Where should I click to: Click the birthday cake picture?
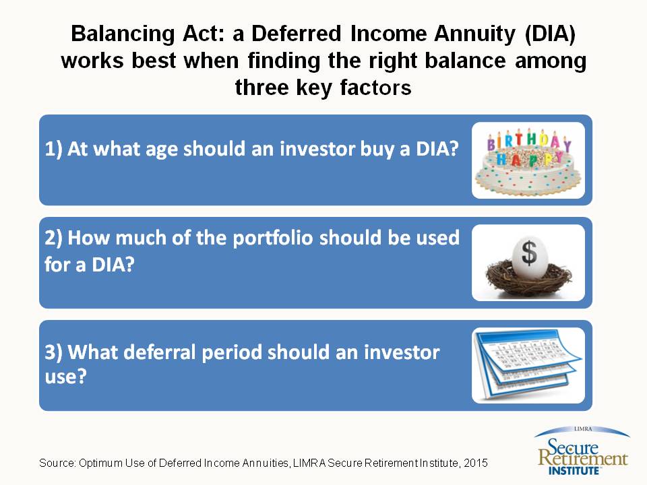[528, 160]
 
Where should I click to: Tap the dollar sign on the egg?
[529, 252]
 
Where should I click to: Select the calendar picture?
[528, 365]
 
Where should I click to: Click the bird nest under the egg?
[528, 279]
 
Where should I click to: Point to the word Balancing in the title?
[123, 34]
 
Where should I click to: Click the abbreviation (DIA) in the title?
[550, 34]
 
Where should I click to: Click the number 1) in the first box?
[54, 149]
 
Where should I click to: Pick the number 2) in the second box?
[54, 238]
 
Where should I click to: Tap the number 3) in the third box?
[54, 352]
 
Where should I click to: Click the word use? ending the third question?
[65, 377]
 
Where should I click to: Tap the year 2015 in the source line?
[476, 463]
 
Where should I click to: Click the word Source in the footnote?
[57, 463]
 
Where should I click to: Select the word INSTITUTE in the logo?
[574, 471]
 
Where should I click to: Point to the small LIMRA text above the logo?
[583, 429]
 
